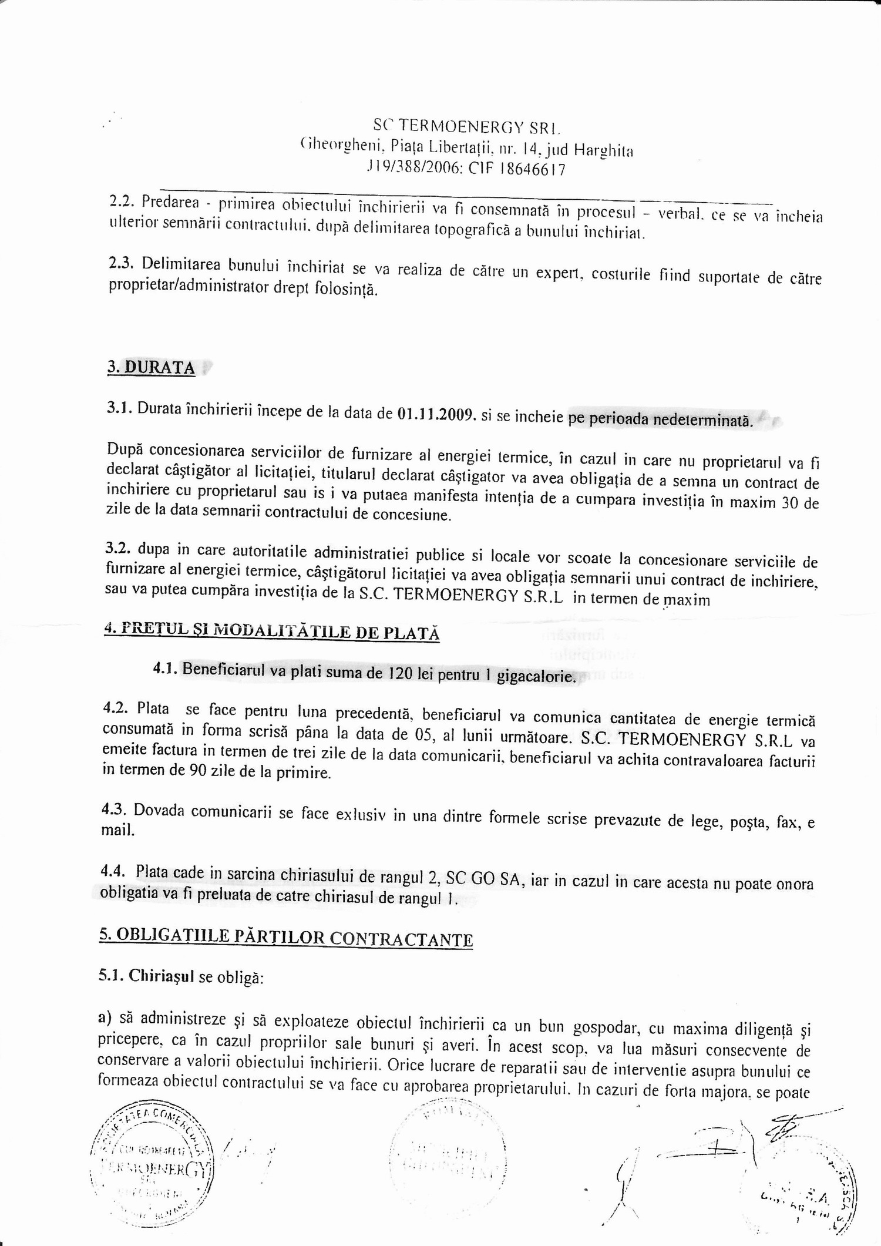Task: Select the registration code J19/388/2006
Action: (414, 169)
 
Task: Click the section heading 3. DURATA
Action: (151, 368)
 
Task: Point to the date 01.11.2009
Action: (436, 415)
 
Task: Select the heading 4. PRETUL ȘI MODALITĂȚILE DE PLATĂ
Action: (271, 632)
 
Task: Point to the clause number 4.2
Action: (115, 708)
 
